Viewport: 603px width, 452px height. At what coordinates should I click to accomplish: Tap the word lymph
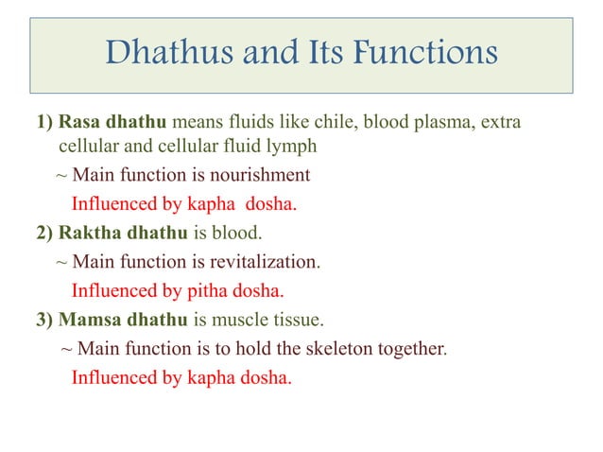[x=292, y=148]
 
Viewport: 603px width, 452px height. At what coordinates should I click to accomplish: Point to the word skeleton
[x=339, y=348]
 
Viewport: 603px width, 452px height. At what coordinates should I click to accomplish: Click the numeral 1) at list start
[x=44, y=123]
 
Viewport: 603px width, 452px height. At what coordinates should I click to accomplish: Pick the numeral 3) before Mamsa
[x=44, y=319]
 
